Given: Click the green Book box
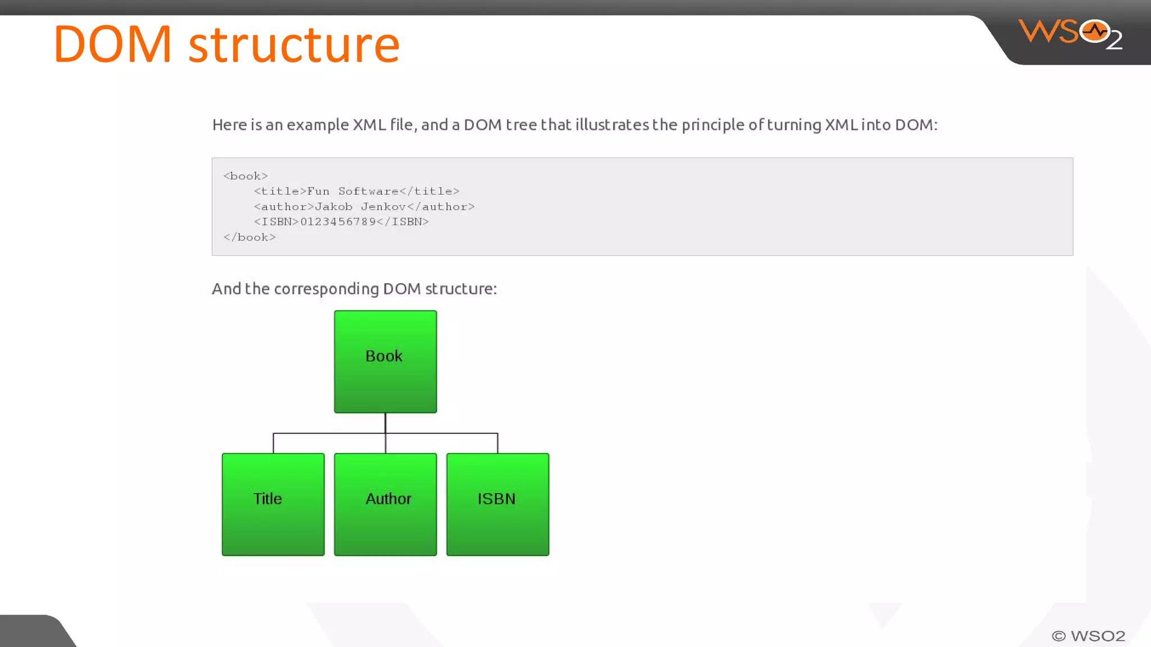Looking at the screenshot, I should [385, 361].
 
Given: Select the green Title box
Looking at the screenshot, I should [273, 504].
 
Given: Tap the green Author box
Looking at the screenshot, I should [385, 504].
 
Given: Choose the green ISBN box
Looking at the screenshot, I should [497, 504].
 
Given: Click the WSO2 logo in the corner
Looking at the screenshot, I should [1070, 34].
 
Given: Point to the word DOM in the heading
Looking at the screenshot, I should [112, 45].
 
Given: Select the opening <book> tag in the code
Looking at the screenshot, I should [246, 176].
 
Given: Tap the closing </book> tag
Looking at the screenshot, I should [250, 238].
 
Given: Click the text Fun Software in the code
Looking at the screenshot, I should [352, 192].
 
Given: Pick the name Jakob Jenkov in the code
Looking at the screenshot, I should [360, 207].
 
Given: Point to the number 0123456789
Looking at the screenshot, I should [338, 222].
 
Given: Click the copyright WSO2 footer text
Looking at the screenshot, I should [1088, 636].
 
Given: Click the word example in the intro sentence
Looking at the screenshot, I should [318, 125].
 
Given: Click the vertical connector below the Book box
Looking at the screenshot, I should [386, 423].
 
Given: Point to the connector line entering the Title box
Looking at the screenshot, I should [274, 443].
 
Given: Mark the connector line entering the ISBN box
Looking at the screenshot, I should [497, 443].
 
